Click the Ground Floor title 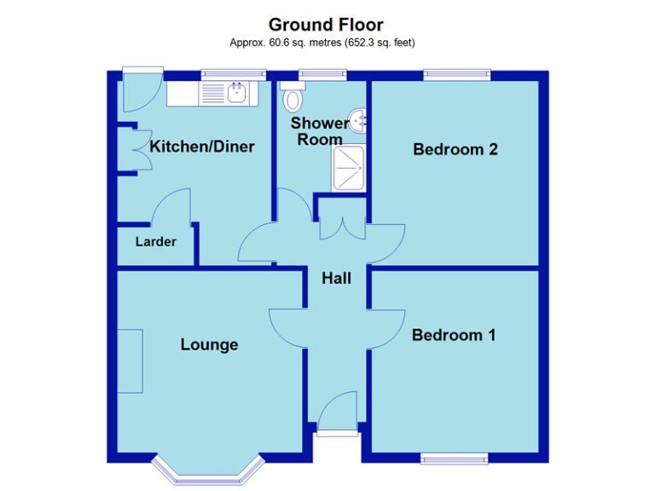[327, 24]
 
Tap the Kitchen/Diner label [202, 147]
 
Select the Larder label [156, 241]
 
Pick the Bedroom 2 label [455, 149]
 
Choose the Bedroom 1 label [454, 335]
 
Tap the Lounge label [209, 344]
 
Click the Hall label [336, 278]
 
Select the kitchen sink [238, 92]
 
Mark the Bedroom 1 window [455, 459]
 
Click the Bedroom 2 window [456, 75]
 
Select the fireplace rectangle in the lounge [130, 361]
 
